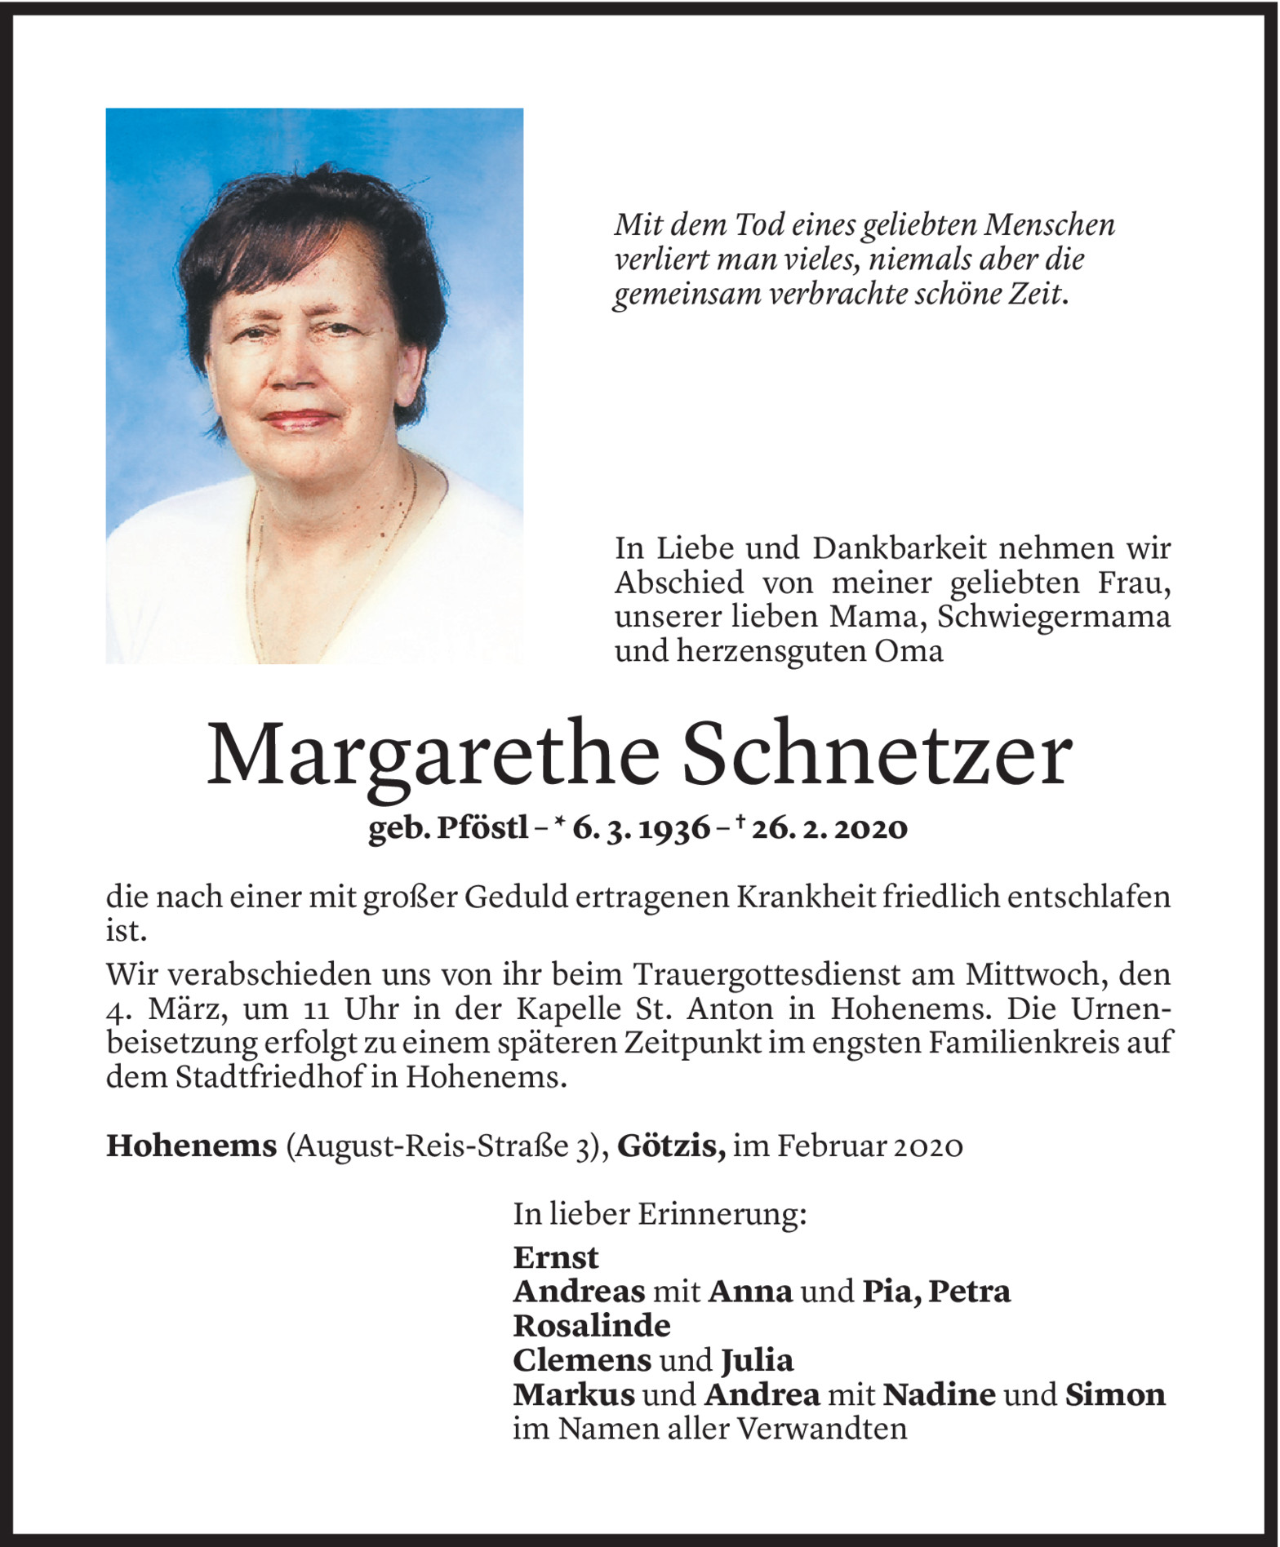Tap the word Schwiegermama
[x=1054, y=617]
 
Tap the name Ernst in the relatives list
[x=556, y=1257]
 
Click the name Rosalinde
[x=592, y=1326]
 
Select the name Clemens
[x=582, y=1360]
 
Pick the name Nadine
[x=939, y=1394]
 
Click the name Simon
[x=1115, y=1394]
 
